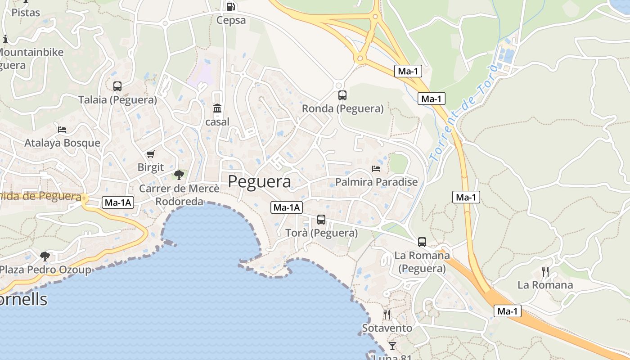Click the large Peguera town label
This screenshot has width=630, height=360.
coord(259,181)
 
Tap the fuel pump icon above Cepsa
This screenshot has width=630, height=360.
coord(230,6)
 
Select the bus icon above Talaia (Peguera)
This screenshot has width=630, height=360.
coord(117,86)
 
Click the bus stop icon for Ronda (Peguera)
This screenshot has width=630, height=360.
coord(342,95)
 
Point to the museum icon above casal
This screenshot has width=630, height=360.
coord(217,108)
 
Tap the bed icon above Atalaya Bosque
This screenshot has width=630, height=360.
coord(62,130)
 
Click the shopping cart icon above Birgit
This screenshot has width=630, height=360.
coord(151,154)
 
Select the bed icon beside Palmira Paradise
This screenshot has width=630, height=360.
coord(376,169)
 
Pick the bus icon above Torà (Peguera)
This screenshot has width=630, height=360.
coord(321,220)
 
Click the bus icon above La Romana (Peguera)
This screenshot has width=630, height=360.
coord(422,242)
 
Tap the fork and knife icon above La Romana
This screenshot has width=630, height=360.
coord(545,271)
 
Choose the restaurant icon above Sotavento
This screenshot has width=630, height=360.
coord(387,314)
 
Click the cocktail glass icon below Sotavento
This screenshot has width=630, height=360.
coord(392,346)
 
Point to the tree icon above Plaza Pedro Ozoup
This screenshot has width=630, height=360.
coord(45,256)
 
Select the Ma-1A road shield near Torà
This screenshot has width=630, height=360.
coord(287,207)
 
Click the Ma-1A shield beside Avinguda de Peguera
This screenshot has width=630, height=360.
coord(118,202)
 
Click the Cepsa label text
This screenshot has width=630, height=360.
coord(231,20)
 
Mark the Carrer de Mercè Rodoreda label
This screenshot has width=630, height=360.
coord(179,195)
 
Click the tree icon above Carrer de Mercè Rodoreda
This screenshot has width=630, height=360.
coord(179,175)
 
